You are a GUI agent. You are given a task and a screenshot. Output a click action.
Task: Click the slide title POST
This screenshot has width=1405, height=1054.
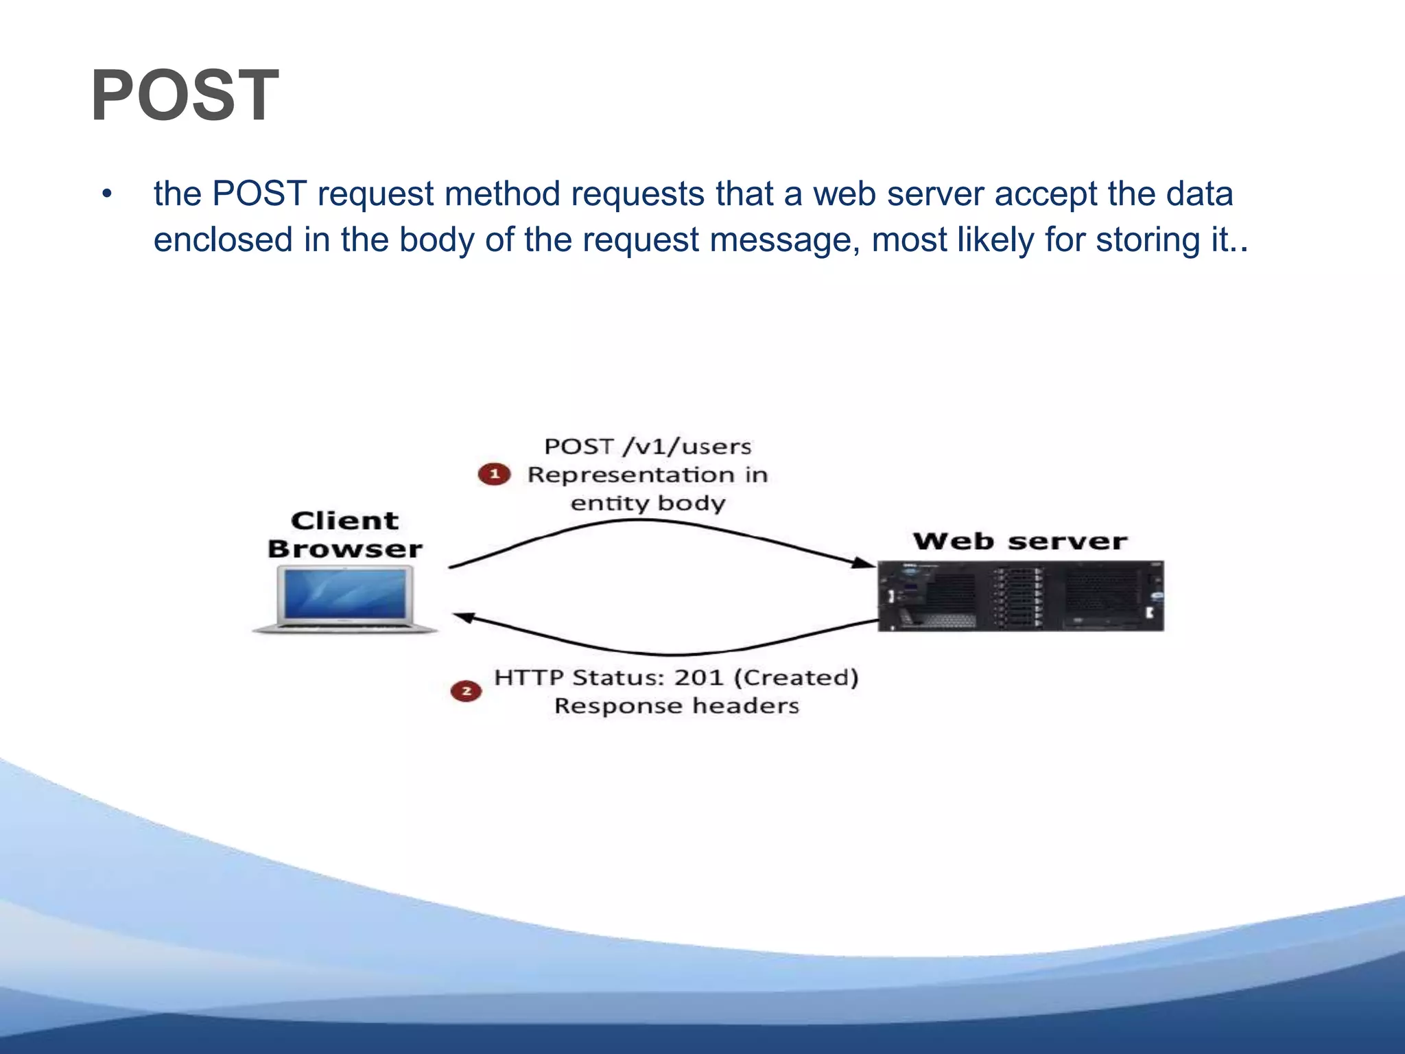point(185,96)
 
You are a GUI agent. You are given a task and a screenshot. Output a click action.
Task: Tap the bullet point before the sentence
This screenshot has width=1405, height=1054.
point(106,195)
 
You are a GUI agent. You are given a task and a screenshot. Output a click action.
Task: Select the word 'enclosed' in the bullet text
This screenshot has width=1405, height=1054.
point(223,240)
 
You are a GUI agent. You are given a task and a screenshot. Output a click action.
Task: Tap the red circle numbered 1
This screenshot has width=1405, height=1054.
point(494,474)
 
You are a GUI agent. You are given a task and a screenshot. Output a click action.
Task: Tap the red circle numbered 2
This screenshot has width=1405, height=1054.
point(466,691)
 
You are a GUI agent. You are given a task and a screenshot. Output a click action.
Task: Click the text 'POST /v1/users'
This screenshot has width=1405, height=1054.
point(648,447)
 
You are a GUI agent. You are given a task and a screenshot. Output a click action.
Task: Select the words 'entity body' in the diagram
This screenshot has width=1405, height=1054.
point(648,503)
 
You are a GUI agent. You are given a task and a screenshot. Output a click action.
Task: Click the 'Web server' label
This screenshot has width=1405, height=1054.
point(1019,541)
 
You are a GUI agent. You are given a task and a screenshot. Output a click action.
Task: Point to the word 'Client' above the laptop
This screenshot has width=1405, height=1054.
point(344,521)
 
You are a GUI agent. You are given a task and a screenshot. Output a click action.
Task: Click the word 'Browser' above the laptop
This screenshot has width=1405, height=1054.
point(344,549)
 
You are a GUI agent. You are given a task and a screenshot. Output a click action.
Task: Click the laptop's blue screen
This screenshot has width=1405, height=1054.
point(345,594)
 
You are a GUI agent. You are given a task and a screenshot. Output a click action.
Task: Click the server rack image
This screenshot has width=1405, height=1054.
point(1021,596)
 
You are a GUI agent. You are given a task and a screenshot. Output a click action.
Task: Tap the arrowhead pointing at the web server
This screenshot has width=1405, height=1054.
point(863,563)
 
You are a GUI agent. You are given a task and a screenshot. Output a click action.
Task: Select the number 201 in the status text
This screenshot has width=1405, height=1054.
point(698,678)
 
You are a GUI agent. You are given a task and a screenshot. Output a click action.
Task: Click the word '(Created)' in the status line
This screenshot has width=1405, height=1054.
point(796,678)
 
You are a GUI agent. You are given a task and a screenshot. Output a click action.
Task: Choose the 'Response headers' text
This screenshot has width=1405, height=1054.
point(676,706)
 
